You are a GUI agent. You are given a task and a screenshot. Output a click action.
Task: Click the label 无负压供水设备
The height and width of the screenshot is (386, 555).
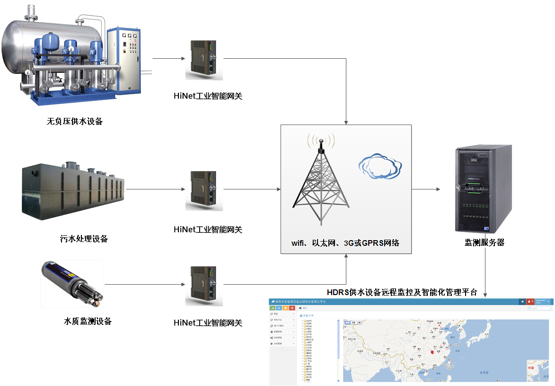tap(75, 121)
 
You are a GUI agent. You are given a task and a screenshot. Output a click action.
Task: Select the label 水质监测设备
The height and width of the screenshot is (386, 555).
tap(88, 321)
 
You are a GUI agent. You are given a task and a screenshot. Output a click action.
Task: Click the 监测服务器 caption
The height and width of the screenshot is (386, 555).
tap(485, 242)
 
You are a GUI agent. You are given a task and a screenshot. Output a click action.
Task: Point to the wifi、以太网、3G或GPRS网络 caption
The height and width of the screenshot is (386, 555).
tap(345, 243)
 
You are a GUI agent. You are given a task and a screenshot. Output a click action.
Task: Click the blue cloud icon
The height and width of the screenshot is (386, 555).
tap(377, 166)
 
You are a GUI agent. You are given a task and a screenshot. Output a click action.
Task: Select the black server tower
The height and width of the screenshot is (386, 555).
tap(483, 189)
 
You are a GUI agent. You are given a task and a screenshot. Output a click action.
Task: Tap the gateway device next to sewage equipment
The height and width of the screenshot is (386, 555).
tap(204, 190)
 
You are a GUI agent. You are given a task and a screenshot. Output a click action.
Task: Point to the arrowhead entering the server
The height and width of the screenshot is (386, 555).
tap(438, 189)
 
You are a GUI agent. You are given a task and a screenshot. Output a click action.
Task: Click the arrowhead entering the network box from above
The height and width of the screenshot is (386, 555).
tap(346, 122)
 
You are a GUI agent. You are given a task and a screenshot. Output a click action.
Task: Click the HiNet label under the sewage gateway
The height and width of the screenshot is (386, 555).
tap(208, 230)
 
